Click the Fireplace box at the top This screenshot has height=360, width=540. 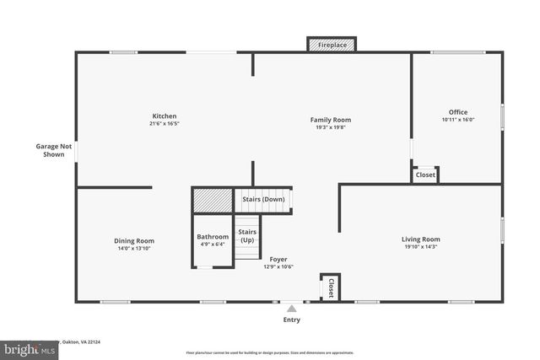[x=331, y=44]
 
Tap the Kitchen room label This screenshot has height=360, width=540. [x=164, y=116]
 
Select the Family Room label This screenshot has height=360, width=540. [x=330, y=120]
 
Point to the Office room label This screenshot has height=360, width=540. [x=457, y=112]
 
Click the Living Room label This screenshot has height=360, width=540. [x=420, y=239]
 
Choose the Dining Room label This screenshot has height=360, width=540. [x=134, y=241]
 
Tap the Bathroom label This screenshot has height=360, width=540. [x=213, y=237]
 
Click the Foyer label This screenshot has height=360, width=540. [x=278, y=259]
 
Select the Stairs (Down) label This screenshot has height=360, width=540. [x=263, y=199]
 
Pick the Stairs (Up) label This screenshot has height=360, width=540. [x=246, y=235]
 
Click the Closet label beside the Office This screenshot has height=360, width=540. [x=425, y=175]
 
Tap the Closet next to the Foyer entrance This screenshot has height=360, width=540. [x=330, y=287]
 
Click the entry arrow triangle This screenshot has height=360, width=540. [x=291, y=309]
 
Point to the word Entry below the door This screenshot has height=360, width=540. [x=291, y=320]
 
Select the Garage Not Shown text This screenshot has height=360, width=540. [x=53, y=150]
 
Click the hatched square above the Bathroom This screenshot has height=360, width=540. [x=212, y=201]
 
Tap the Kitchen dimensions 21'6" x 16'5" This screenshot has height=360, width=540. [x=164, y=124]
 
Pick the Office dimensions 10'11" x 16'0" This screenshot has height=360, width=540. [x=457, y=120]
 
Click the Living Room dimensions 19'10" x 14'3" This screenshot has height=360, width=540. [x=420, y=247]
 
